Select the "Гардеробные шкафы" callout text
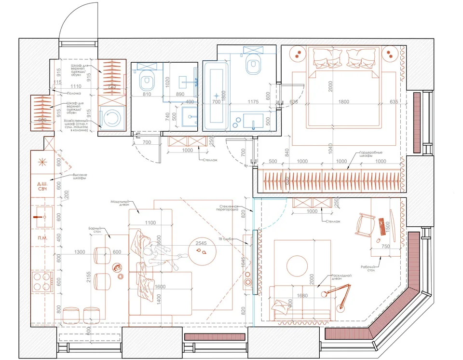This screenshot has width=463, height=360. click(x=372, y=155)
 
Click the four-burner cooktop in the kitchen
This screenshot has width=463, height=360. click(x=42, y=281)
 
